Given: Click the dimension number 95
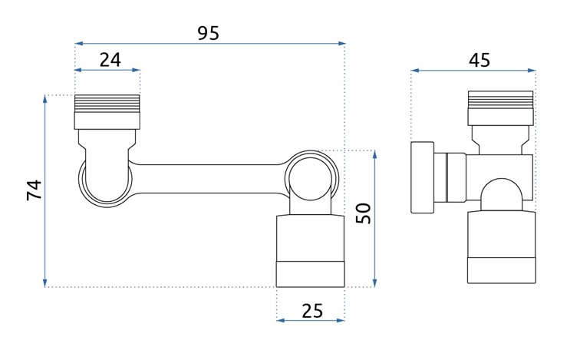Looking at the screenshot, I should (x=208, y=33).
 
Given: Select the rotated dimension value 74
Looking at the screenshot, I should (x=35, y=190).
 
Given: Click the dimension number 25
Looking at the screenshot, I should (x=311, y=310).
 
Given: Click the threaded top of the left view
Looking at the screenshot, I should (x=107, y=104).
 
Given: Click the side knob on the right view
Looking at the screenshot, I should (x=423, y=177).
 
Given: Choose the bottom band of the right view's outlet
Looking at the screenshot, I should (x=500, y=272).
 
